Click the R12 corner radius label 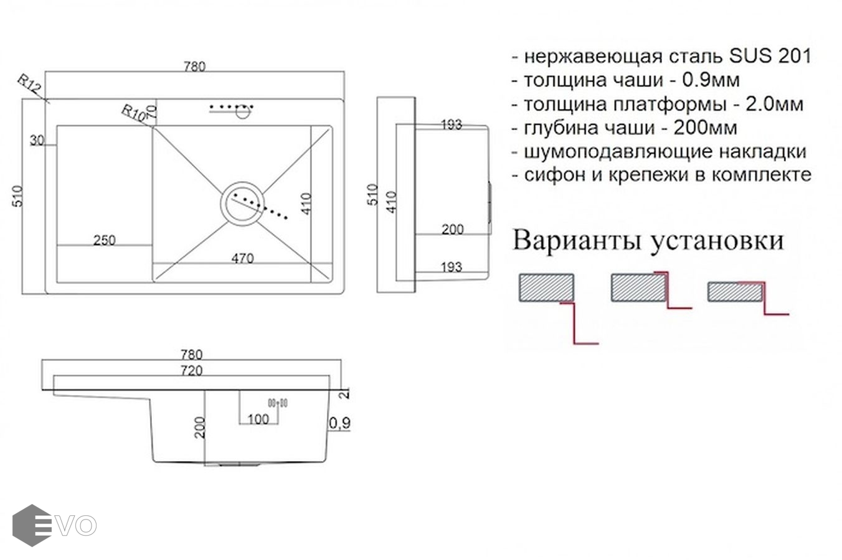point(29,85)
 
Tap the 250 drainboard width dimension point(104,240)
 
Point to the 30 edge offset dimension point(36,141)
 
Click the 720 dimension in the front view point(192,371)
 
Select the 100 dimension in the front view point(258,419)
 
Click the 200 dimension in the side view point(452,229)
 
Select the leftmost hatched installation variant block point(546,287)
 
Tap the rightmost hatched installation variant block point(735,292)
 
